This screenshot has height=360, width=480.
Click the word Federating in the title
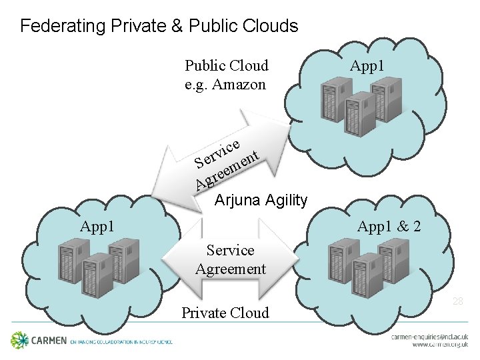pyautogui.click(x=53, y=27)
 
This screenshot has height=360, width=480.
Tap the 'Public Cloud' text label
pyautogui.click(x=227, y=65)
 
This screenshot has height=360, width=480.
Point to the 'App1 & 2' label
pyautogui.click(x=389, y=227)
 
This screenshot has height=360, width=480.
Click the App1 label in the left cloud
pyautogui.click(x=97, y=227)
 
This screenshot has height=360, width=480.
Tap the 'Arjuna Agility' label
pyautogui.click(x=261, y=199)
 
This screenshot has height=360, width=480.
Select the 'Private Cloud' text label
pyautogui.click(x=226, y=313)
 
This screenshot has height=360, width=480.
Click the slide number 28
pyautogui.click(x=458, y=301)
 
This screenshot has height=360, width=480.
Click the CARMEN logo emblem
pyautogui.click(x=19, y=340)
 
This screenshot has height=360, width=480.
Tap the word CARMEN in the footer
pyautogui.click(x=49, y=341)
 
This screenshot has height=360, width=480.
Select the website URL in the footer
pyautogui.click(x=440, y=346)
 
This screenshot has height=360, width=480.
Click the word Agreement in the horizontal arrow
pyautogui.click(x=231, y=269)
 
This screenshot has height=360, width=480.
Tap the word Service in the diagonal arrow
pyautogui.click(x=218, y=153)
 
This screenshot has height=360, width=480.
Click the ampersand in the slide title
pyautogui.click(x=180, y=27)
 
